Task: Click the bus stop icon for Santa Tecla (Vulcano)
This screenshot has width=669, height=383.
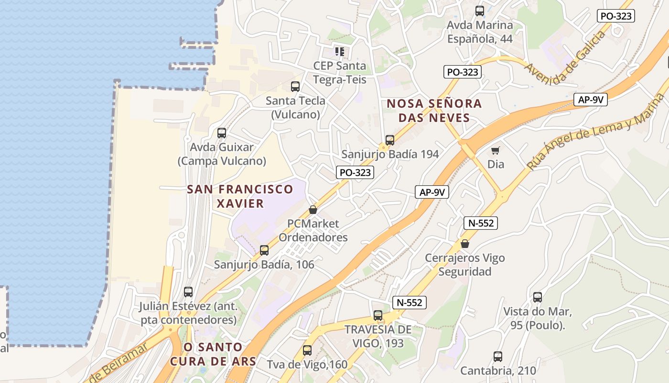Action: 295,87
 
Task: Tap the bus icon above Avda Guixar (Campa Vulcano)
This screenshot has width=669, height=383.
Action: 221,133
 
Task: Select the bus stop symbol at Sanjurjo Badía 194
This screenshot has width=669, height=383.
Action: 390,140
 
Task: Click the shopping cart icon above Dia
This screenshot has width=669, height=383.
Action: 496,151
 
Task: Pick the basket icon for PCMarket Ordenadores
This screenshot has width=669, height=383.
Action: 313,210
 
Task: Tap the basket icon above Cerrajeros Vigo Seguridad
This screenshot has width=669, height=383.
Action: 464,244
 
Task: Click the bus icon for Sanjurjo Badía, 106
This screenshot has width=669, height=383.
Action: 264,250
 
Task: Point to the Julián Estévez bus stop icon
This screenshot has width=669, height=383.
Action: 188,292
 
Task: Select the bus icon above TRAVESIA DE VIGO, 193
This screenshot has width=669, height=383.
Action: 378,315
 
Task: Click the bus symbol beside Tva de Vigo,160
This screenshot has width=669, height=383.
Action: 307,350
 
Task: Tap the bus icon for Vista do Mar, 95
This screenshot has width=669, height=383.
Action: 538,297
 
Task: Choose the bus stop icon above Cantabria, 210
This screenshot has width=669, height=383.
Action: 498,357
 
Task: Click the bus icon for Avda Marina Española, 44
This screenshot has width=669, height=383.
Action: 480,11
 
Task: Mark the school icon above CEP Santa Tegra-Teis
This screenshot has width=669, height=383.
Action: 339,51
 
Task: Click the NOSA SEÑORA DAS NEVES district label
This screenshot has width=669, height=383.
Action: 434,111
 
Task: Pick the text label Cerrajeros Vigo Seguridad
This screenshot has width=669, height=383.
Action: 464,265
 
